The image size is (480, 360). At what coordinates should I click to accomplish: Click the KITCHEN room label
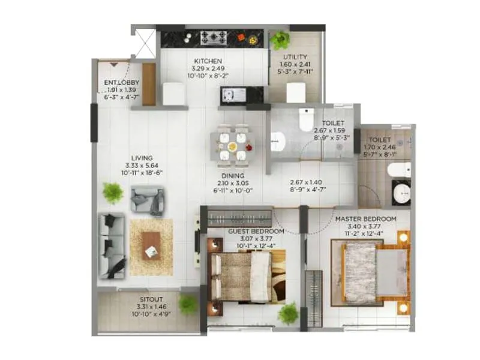(x=208, y=61)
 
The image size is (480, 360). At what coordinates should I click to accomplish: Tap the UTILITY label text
(x=295, y=57)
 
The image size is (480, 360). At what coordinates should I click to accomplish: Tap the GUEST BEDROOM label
(x=256, y=230)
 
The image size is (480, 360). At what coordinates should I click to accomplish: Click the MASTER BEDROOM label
(x=365, y=218)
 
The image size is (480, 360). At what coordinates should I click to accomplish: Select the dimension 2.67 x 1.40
(x=306, y=182)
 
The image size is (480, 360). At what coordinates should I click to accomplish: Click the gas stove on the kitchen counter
(x=212, y=37)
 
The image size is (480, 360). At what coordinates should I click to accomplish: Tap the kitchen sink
(x=232, y=94)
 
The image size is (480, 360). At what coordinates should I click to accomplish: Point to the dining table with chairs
(x=232, y=145)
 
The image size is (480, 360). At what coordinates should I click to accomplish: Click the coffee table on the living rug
(x=151, y=245)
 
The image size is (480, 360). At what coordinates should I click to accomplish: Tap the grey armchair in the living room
(x=148, y=200)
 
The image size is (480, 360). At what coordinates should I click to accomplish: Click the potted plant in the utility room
(x=279, y=40)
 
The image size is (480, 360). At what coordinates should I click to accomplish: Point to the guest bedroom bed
(x=247, y=277)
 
